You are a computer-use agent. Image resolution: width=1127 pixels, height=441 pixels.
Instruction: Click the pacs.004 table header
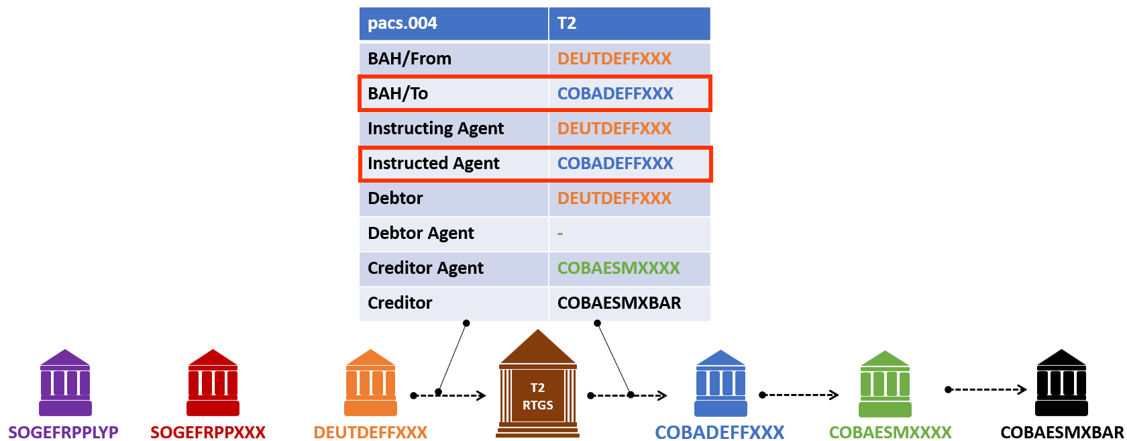point(402,23)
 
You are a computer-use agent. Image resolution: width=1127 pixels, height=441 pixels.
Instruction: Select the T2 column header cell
point(567,23)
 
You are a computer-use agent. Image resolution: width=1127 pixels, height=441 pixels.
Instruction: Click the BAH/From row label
point(409,58)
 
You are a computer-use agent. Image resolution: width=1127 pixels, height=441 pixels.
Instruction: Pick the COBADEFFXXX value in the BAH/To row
point(615,93)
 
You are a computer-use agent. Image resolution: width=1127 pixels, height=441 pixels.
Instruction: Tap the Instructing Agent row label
point(435,128)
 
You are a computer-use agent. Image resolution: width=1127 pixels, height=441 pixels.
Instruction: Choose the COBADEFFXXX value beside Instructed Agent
point(615,163)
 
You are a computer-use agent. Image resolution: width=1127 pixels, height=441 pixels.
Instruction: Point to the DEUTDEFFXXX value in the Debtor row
point(614,198)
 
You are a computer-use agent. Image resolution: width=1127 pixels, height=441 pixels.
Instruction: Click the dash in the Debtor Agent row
point(560,234)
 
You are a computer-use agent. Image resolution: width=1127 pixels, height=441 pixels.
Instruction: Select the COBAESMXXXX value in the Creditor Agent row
point(619,268)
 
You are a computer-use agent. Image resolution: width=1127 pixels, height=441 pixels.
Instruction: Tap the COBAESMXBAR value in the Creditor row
point(619,303)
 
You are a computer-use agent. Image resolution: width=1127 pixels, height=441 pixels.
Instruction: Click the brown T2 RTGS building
point(537,386)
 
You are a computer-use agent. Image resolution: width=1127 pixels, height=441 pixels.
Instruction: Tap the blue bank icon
point(720,383)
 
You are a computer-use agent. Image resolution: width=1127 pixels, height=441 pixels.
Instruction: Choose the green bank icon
point(885,384)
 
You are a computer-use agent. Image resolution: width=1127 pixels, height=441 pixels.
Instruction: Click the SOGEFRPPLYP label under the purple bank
point(63,432)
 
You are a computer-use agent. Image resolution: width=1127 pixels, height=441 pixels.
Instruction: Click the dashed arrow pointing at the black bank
point(986,389)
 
